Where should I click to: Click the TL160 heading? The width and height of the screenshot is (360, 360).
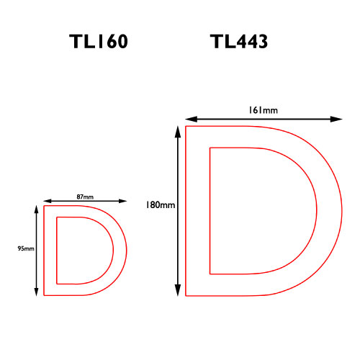tap(99, 41)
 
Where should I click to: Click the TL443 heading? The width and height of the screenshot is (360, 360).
tap(239, 41)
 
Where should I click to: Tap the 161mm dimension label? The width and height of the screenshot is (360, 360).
tap(263, 110)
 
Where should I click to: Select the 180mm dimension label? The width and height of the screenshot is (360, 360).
tap(161, 204)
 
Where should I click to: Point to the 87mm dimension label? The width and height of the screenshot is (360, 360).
tap(85, 197)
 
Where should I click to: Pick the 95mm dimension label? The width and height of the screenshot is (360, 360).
tap(26, 248)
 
